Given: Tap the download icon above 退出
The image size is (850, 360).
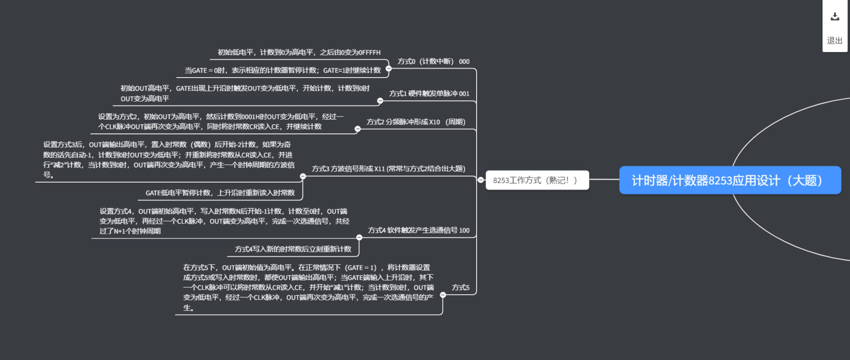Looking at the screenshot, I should pos(835,17).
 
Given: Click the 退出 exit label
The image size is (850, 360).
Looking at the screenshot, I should pos(835,41).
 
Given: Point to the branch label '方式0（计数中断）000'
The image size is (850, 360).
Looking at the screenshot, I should pos(433,61).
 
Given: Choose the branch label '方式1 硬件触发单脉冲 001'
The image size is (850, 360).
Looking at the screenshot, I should pos(429,94).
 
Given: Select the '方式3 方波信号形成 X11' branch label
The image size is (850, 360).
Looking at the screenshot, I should pos(388,169).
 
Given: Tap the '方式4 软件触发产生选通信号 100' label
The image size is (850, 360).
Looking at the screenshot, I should pos(418,230).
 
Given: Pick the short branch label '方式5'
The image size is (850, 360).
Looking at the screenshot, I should pos(460,288).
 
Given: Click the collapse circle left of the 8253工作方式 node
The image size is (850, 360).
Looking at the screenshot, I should pos(481,180).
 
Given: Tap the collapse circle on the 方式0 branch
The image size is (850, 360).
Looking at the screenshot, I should pos(389,69).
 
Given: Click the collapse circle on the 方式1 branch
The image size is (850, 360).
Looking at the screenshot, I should pos(380,101).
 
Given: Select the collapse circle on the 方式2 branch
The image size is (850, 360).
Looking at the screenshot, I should pos(358,129).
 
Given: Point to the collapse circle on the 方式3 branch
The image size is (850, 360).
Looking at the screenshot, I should pos(303,176).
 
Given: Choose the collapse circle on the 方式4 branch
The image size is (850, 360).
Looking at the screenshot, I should pos(359,237).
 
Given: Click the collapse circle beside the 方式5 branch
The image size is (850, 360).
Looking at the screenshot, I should pos(443,295).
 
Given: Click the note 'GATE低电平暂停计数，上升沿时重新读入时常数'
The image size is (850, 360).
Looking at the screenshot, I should pos(220,193).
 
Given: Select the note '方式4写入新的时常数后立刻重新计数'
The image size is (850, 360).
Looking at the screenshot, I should pos(293,249).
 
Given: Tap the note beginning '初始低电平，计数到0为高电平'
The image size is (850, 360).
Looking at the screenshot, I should pos(299,53).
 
